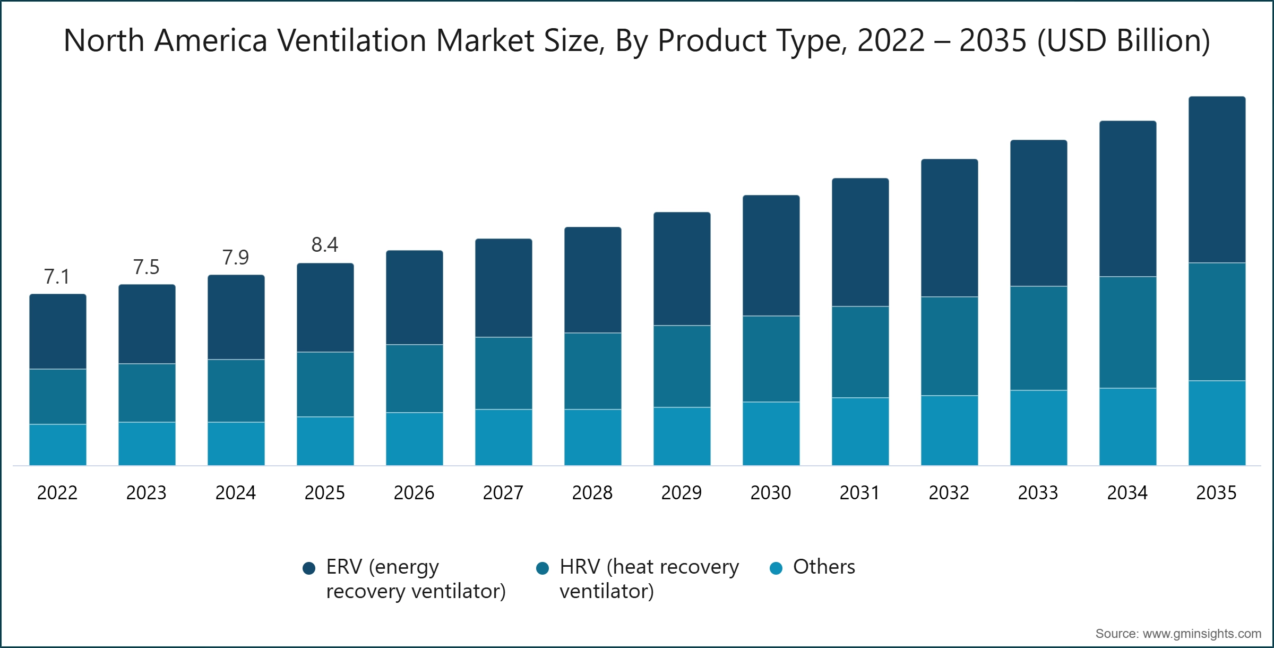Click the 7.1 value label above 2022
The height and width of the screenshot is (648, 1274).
(x=57, y=277)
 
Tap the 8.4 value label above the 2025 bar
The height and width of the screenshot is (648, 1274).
(x=324, y=245)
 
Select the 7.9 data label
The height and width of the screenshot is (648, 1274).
(x=235, y=258)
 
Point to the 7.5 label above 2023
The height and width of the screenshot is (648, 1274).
(x=146, y=267)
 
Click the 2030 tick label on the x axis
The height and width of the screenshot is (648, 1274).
(x=770, y=493)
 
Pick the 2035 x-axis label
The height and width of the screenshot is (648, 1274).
(x=1216, y=493)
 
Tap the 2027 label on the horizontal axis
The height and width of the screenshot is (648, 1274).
(x=503, y=493)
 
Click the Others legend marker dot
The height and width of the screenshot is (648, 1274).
(x=776, y=568)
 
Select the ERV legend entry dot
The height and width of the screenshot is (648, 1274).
(x=309, y=568)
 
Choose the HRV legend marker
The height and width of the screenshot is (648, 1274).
(x=543, y=568)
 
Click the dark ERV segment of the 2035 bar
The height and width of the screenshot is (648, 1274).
(x=1217, y=180)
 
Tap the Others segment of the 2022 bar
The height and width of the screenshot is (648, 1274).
(x=58, y=445)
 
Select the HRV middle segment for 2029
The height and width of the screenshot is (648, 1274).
(x=682, y=366)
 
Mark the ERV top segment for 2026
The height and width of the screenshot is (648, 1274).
(x=414, y=297)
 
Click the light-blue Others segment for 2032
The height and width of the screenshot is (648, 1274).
(x=949, y=430)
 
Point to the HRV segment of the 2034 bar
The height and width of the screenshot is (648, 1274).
(x=1127, y=332)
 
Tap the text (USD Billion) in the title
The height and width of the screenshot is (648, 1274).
(x=1124, y=40)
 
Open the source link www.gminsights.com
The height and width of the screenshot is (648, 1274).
(x=1202, y=634)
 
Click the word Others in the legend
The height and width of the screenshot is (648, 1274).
(x=824, y=567)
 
